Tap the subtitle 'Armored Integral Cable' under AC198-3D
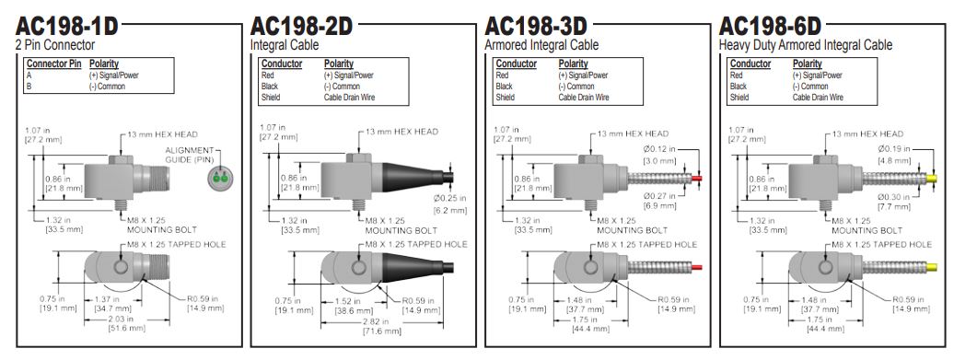pos(541,45)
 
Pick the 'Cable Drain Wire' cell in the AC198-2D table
pos(350,98)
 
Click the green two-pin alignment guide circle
pos(218,178)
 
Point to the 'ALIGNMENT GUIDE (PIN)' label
pos(190,155)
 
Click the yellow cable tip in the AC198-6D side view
pos(932,179)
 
